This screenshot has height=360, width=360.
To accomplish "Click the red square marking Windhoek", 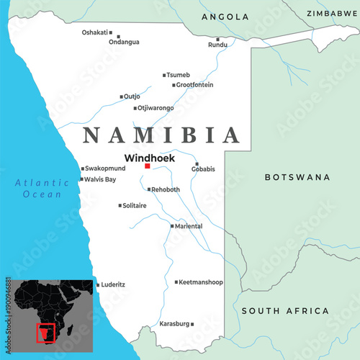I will click(x=148, y=166).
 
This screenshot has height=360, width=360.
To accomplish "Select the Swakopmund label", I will click(x=105, y=168).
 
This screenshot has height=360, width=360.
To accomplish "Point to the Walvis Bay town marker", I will click(x=82, y=179).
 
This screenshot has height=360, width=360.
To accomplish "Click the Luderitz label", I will click(x=114, y=284).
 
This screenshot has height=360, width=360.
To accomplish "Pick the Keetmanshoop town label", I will click(x=201, y=282).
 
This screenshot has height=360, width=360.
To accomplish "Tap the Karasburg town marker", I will click(x=192, y=324).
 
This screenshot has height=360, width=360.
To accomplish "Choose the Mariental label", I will click(x=189, y=226).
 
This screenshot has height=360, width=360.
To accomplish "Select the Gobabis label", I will click(x=204, y=169).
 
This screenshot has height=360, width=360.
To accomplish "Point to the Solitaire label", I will click(x=135, y=206).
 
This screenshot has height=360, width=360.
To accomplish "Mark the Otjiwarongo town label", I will click(x=156, y=109).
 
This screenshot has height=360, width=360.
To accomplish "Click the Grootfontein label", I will click(x=195, y=85).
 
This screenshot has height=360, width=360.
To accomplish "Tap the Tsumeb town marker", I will click(x=165, y=75).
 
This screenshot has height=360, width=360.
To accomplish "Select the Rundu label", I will click(x=217, y=45).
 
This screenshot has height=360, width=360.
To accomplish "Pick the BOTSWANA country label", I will click(x=297, y=177).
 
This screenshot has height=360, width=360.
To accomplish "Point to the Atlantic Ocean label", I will click(x=42, y=189).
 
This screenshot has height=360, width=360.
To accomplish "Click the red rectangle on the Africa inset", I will click(x=46, y=333).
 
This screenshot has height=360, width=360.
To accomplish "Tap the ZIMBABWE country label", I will click(x=332, y=14).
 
